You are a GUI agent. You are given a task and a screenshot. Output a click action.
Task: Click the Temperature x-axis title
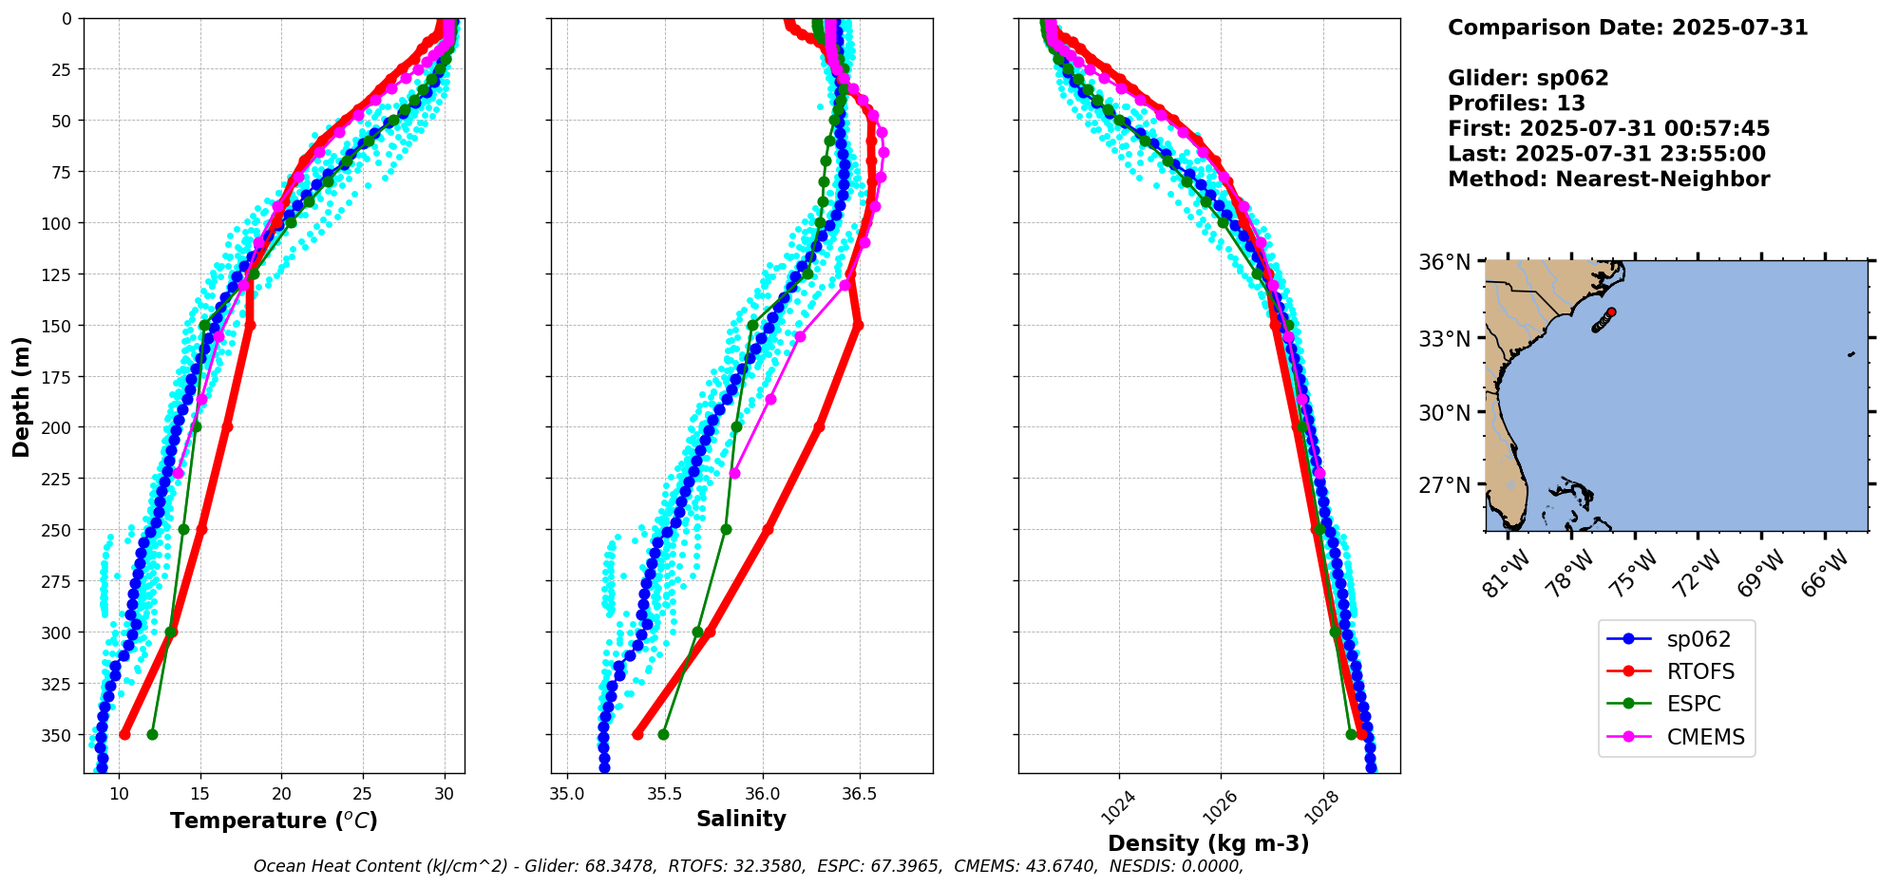tap(274, 821)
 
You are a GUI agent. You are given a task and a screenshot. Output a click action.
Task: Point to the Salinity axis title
tap(741, 819)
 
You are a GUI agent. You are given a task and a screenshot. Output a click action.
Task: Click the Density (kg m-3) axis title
tap(1208, 843)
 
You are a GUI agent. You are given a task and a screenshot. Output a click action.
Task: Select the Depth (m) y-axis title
tap(21, 396)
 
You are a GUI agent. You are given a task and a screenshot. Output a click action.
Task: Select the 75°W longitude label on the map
tap(1635, 573)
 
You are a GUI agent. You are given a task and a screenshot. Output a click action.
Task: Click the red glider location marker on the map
tap(1611, 311)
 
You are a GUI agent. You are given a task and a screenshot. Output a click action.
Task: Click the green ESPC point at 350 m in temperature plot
tap(152, 734)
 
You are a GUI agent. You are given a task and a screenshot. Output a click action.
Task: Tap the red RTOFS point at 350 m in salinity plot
tap(637, 734)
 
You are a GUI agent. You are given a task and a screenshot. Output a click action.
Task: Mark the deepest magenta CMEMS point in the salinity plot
tap(734, 473)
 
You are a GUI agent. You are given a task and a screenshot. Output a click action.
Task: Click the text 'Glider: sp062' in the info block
tap(1528, 78)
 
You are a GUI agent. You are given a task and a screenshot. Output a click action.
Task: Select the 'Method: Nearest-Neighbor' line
tap(1608, 179)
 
